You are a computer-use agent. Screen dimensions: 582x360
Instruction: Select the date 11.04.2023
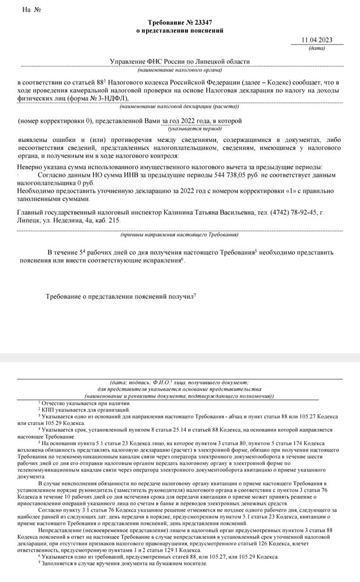pos(317,40)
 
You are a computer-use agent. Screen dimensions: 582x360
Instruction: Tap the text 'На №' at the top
pos(31,10)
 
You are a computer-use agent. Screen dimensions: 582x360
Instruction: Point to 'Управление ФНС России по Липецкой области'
pos(180,62)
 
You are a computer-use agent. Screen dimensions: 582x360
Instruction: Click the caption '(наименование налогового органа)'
pos(180,70)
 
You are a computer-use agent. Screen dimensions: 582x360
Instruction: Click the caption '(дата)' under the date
pos(317,48)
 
